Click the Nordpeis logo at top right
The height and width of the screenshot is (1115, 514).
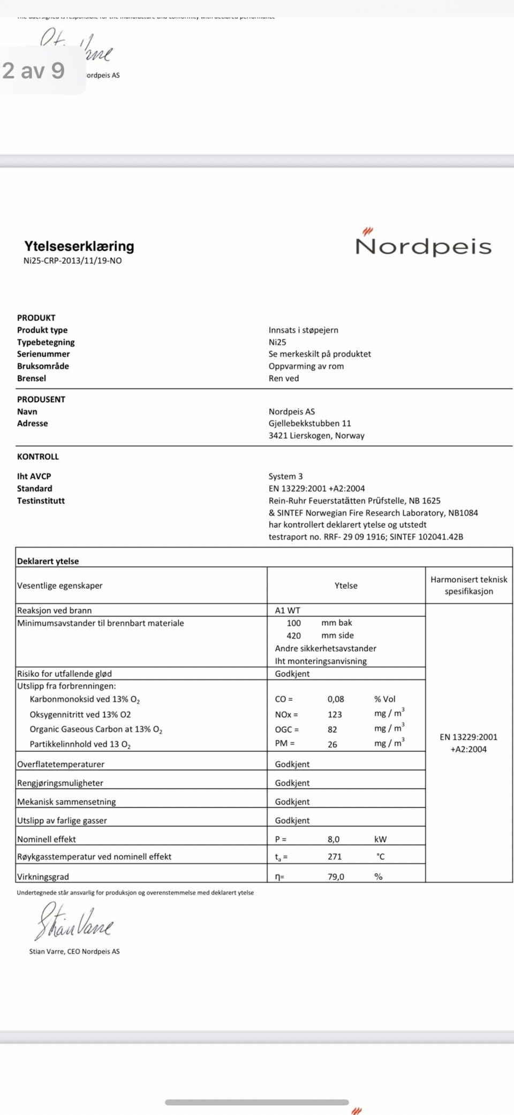[x=423, y=245]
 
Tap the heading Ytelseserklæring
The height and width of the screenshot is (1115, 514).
[x=79, y=246]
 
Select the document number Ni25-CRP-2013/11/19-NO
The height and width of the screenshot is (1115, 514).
[x=72, y=261]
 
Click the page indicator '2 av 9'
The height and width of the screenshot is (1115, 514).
[x=34, y=71]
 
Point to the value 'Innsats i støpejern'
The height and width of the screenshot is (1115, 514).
[x=303, y=330]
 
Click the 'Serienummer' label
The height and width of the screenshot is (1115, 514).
[x=43, y=354]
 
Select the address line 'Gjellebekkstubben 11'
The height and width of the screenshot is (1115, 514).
[x=309, y=423]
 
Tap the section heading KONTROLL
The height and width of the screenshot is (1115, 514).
[x=38, y=457]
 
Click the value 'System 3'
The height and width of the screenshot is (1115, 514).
[x=285, y=476]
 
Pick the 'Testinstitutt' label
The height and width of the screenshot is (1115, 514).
[x=41, y=501]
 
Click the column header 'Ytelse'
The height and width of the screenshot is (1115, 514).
[x=346, y=586]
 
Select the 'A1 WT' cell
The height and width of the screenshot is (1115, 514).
[x=288, y=610]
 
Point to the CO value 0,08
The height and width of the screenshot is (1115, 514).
[x=336, y=699]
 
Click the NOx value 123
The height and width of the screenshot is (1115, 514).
[x=335, y=714]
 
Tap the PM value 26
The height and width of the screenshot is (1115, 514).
[x=332, y=744]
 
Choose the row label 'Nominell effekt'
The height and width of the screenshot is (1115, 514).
[x=47, y=839]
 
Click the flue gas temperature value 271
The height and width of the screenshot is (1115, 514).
[x=335, y=857]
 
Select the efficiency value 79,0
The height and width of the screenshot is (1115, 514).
[x=336, y=877]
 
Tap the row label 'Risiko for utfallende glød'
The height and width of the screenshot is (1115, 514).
[x=64, y=674]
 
